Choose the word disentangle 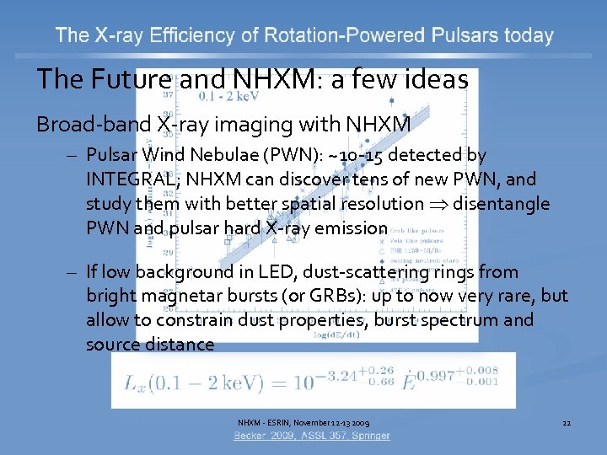click(501, 204)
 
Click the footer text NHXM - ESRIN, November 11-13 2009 click(303, 422)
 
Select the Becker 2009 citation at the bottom click(312, 436)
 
